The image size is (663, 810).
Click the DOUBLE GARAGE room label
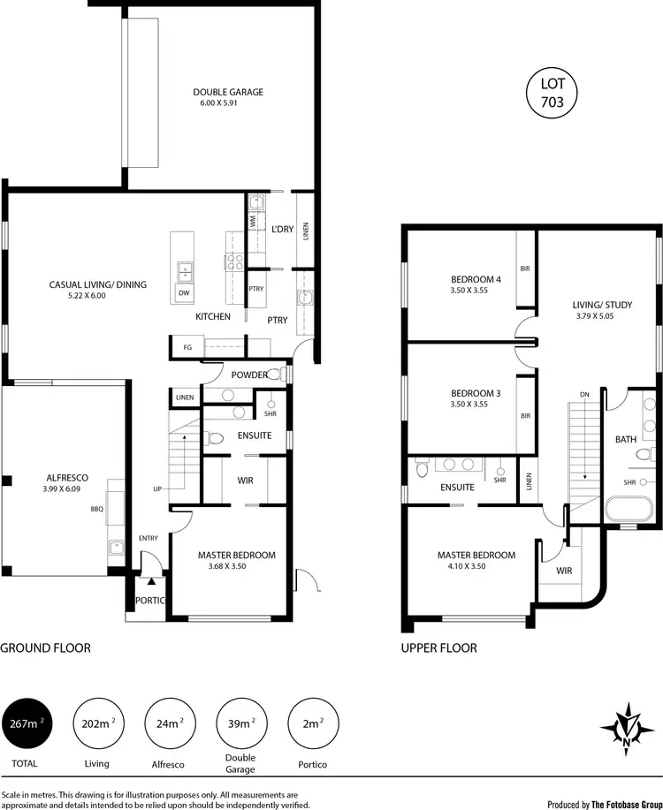tap(228, 92)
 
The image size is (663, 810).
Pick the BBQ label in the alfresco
tap(97, 509)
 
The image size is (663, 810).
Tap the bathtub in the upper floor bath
tap(627, 511)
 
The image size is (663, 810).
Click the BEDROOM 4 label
tap(476, 280)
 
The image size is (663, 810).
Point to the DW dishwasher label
tap(184, 292)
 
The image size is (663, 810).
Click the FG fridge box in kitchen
tap(187, 347)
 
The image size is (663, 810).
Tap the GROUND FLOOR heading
tap(45, 648)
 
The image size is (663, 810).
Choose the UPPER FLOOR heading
tap(439, 648)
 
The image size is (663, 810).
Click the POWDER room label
tap(249, 375)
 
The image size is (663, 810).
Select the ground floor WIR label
tap(246, 481)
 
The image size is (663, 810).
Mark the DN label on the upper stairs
tap(584, 394)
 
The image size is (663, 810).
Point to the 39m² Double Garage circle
tap(240, 724)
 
